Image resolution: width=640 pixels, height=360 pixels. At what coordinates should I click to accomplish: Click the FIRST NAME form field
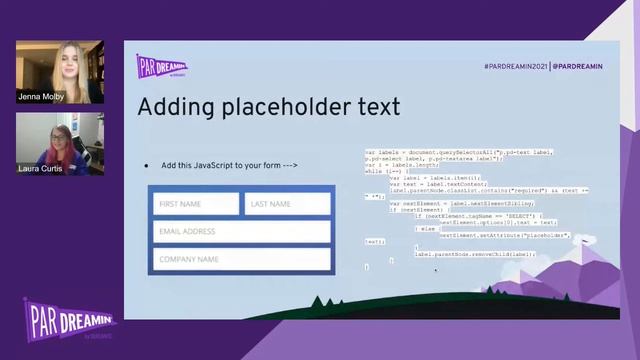(x=195, y=204)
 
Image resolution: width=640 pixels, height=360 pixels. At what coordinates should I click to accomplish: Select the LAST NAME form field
(x=287, y=204)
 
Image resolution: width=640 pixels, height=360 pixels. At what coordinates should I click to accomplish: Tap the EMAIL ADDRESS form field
(x=241, y=232)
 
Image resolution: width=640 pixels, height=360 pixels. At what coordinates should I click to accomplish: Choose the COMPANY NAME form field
(x=241, y=259)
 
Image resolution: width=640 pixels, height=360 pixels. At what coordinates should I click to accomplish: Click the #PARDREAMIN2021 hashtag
(x=516, y=65)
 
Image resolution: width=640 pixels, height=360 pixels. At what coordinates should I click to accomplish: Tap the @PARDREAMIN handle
(x=578, y=65)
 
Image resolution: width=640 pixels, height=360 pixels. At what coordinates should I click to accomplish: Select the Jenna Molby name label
(x=39, y=97)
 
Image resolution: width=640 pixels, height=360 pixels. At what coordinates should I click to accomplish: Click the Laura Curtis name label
(x=40, y=169)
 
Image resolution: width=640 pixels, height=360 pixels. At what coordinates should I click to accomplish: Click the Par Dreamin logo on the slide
(x=161, y=66)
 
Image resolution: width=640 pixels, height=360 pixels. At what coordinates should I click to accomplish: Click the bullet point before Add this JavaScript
(x=147, y=165)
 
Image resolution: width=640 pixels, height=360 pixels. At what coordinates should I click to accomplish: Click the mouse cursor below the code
(x=435, y=268)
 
